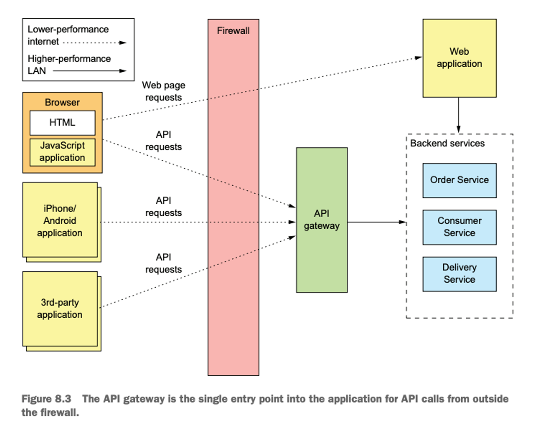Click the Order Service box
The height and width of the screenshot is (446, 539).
(x=459, y=180)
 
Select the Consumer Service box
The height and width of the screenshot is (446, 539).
(x=459, y=227)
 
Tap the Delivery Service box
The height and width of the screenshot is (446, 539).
(x=459, y=274)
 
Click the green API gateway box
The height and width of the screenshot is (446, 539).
(x=322, y=220)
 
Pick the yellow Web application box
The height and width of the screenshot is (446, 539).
(x=459, y=58)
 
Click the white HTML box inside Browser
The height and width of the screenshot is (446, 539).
(x=62, y=123)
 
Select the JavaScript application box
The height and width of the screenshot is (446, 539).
(x=62, y=152)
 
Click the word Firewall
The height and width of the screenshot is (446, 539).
(x=233, y=31)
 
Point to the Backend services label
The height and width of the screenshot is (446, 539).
(x=447, y=143)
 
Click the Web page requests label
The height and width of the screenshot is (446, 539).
(x=163, y=92)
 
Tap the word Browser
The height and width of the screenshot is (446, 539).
(x=62, y=102)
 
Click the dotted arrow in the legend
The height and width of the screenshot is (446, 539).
(x=95, y=43)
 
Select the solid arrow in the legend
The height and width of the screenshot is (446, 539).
(x=89, y=71)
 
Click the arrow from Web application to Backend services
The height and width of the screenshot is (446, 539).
(x=459, y=115)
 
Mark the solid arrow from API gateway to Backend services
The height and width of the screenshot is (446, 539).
(x=377, y=222)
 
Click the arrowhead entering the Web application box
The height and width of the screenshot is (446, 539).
(x=419, y=58)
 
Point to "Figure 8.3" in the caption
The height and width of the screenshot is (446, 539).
(x=46, y=399)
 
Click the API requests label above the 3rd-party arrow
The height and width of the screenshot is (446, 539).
(x=163, y=263)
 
